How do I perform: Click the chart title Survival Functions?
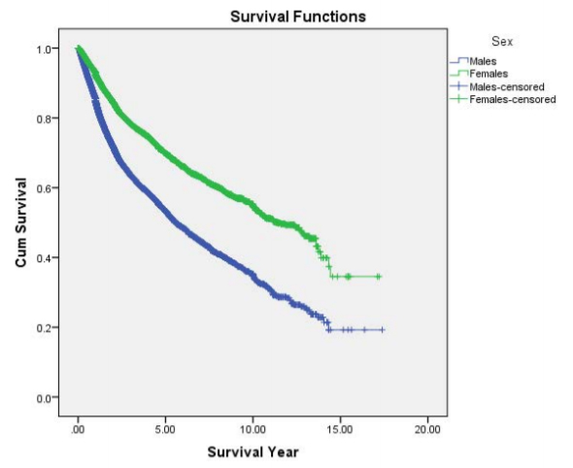[298, 17]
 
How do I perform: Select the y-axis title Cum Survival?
[20, 222]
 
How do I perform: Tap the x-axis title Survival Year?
[253, 452]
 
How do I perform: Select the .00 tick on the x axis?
[78, 429]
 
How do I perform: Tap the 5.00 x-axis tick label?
[165, 429]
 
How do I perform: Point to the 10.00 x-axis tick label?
[253, 429]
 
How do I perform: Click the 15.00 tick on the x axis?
[340, 429]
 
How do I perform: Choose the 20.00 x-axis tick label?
[427, 429]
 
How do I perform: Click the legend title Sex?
[502, 42]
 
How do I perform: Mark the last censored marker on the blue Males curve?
[383, 330]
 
